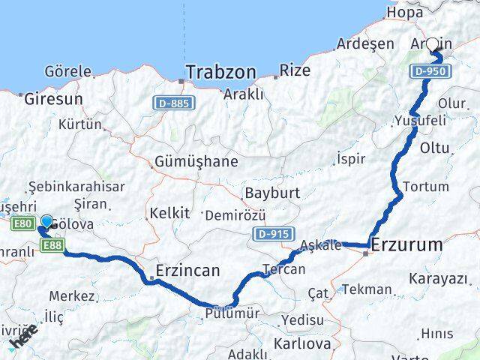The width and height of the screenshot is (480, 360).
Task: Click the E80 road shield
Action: (22, 223)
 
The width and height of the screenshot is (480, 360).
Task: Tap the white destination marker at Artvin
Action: (433, 45)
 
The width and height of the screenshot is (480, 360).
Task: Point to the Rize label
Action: (293, 71)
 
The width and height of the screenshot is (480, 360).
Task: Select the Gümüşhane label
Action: (196, 161)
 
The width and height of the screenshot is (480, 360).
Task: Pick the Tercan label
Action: (284, 269)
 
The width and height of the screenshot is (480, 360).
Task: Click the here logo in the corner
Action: (22, 339)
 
